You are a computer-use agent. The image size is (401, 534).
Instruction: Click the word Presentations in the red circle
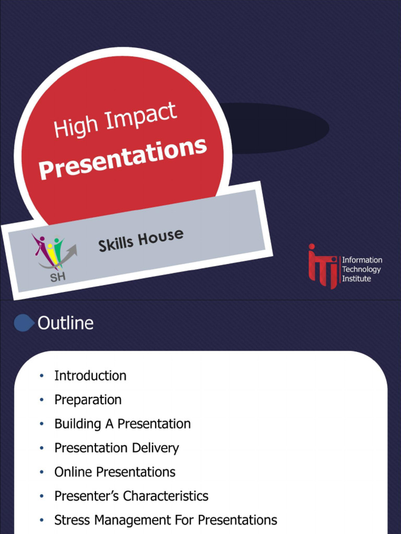(123, 159)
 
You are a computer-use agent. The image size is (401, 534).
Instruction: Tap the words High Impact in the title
(115, 120)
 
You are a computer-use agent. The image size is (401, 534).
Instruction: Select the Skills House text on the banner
(141, 240)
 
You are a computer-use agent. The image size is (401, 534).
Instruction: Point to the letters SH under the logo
(57, 277)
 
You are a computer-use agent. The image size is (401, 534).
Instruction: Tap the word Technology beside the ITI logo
(361, 270)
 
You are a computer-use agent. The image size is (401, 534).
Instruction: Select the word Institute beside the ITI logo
(357, 279)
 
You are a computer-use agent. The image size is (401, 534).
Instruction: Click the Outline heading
(65, 323)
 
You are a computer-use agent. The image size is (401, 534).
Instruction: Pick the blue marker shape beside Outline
(23, 323)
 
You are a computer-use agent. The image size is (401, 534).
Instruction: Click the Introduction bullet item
(90, 376)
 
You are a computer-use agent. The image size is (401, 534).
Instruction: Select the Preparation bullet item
(88, 400)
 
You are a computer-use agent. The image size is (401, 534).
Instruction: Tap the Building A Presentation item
(122, 424)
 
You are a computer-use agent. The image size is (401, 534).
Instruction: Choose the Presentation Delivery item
(116, 448)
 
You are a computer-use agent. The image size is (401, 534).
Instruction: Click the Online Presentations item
(115, 472)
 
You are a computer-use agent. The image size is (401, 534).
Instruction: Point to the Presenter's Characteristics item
(131, 496)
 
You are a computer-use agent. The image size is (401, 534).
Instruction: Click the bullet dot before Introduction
(41, 377)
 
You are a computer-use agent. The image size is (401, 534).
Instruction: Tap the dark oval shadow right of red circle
(282, 128)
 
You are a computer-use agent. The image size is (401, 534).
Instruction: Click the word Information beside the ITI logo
(362, 260)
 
